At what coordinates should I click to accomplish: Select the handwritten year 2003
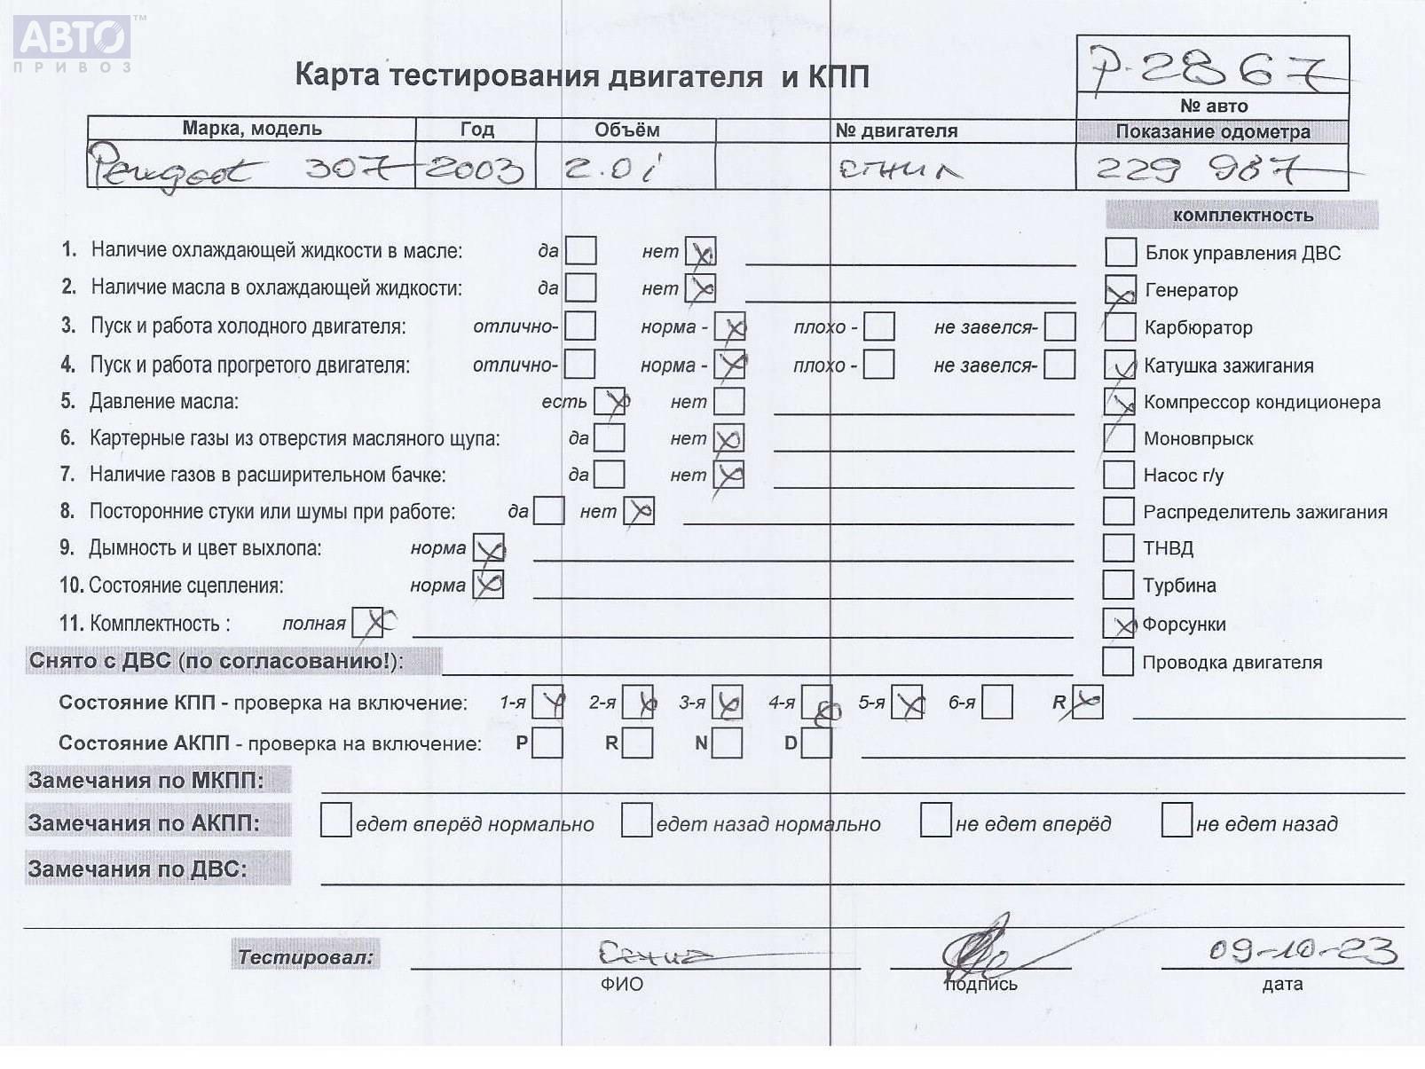click(x=475, y=168)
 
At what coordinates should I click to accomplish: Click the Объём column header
click(x=626, y=130)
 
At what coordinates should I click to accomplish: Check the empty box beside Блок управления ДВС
click(x=1121, y=252)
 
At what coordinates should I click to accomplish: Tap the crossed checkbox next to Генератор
click(x=1120, y=290)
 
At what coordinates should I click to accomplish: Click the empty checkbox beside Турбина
click(x=1118, y=585)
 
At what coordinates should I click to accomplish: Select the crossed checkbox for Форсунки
click(x=1119, y=624)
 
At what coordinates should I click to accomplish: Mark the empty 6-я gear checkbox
click(x=997, y=703)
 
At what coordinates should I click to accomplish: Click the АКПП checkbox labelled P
click(x=547, y=743)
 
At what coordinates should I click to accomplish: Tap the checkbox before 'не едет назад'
click(x=1176, y=821)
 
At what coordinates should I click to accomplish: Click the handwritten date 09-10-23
click(x=1303, y=951)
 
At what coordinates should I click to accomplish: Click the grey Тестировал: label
click(x=305, y=956)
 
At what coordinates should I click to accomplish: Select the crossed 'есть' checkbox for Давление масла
click(x=610, y=401)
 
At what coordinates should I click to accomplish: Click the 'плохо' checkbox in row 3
click(x=878, y=326)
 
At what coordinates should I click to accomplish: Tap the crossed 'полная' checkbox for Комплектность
click(x=367, y=623)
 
